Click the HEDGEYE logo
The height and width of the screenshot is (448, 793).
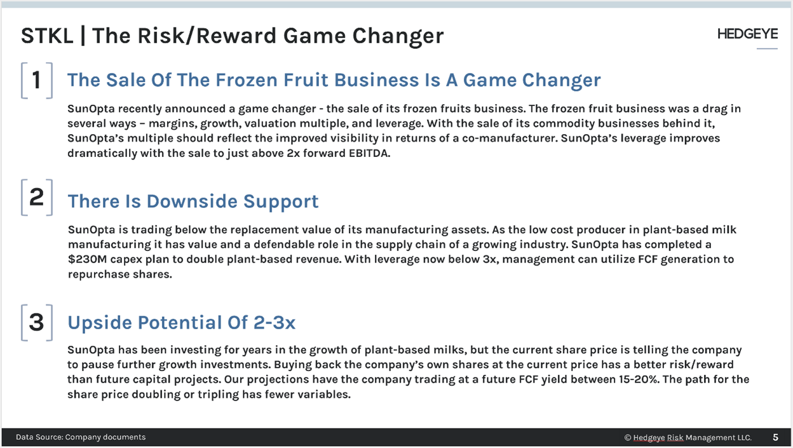click(747, 34)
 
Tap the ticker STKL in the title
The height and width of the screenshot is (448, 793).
click(47, 36)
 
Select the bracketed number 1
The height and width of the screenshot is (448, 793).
click(37, 81)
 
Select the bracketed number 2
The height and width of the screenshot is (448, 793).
click(37, 197)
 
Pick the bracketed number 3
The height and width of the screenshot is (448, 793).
click(37, 323)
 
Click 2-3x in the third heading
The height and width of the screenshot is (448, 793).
click(274, 323)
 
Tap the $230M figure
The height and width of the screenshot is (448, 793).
click(87, 259)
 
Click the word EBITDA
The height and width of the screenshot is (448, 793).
click(369, 153)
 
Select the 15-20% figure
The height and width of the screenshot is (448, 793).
click(639, 379)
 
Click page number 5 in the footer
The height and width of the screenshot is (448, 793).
click(775, 437)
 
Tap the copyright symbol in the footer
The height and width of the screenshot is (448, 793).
click(628, 438)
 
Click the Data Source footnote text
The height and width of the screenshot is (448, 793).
click(81, 437)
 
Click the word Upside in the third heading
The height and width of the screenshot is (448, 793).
click(100, 323)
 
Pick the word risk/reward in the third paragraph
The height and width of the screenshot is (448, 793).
click(701, 365)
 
